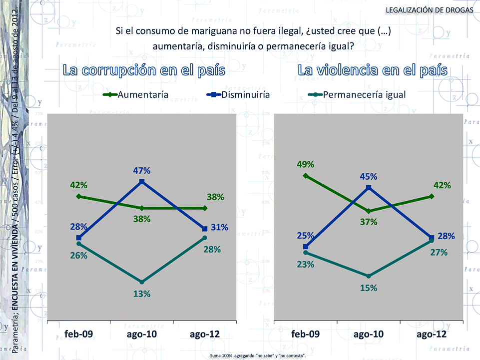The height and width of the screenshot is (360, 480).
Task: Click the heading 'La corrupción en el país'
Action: click(x=144, y=70)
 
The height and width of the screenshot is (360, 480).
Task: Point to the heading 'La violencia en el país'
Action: click(x=372, y=70)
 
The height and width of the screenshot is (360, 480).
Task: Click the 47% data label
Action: click(x=142, y=170)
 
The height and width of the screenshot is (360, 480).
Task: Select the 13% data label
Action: click(x=142, y=294)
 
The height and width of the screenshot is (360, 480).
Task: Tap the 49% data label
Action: click(x=305, y=164)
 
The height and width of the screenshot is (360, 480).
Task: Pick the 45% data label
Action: click(x=368, y=176)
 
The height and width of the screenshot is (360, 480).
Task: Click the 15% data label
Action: click(x=368, y=288)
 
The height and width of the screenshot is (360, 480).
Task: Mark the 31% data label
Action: click(x=219, y=227)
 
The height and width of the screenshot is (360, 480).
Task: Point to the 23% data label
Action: click(x=305, y=264)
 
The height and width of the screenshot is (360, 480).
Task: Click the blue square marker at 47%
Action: click(x=142, y=182)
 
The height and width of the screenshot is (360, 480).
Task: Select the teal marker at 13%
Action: click(x=142, y=282)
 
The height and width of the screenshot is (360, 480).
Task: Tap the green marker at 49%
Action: click(x=305, y=176)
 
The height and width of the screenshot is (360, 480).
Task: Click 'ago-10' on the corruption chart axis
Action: click(x=142, y=334)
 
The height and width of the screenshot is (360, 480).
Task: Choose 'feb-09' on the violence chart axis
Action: click(x=305, y=334)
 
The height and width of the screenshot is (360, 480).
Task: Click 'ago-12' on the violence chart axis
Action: click(x=432, y=334)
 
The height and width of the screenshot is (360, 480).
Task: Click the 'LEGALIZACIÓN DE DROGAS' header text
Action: click(x=430, y=10)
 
